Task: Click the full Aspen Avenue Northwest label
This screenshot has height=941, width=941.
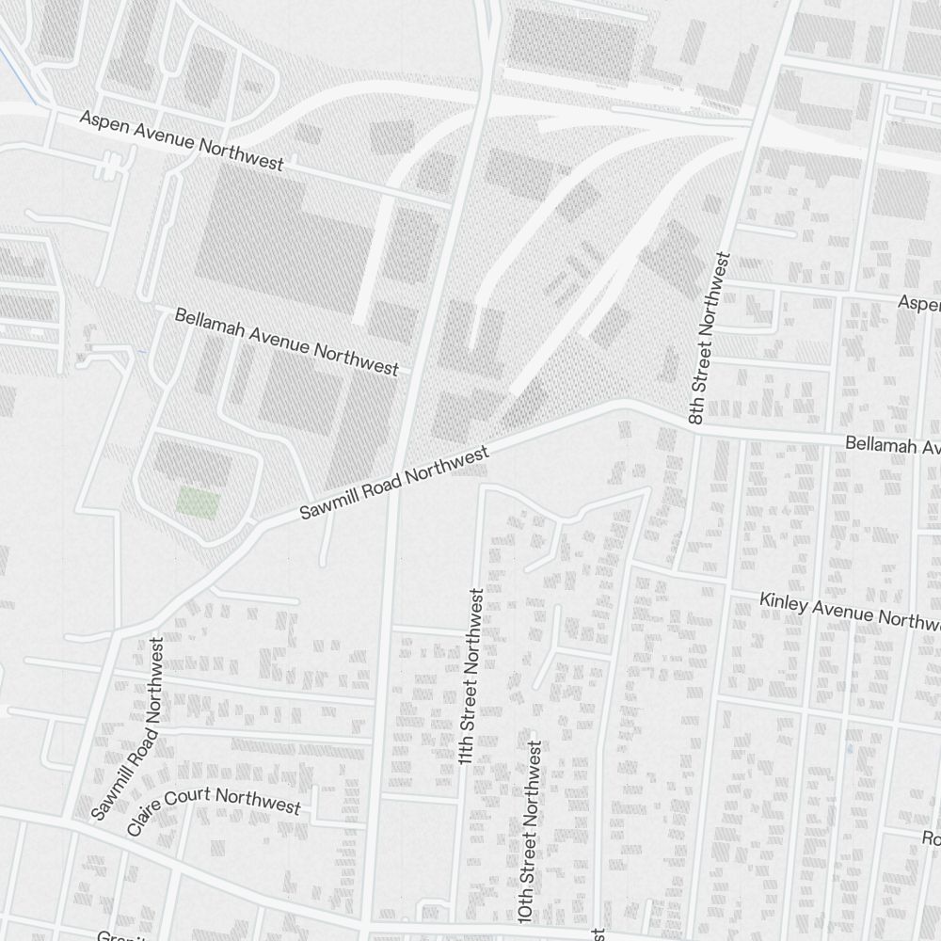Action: click(182, 141)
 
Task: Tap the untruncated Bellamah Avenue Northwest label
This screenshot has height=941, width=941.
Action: click(286, 341)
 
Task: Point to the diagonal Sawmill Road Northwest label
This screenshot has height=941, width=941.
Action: click(394, 484)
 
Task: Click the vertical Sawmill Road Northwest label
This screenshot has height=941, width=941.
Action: click(129, 729)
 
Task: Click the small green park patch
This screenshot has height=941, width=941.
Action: click(199, 502)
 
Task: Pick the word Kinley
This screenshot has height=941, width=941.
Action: click(782, 602)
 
